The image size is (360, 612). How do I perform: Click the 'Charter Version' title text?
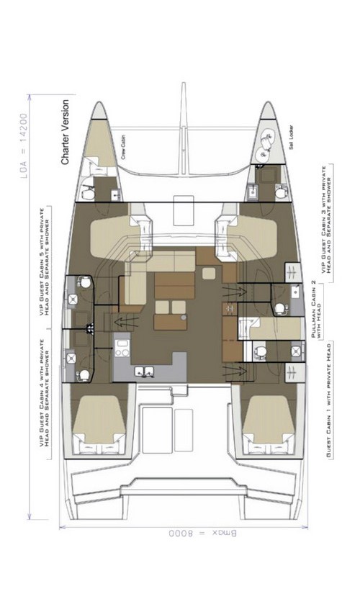click(66, 133)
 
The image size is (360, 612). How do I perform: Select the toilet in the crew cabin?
click(86, 192)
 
